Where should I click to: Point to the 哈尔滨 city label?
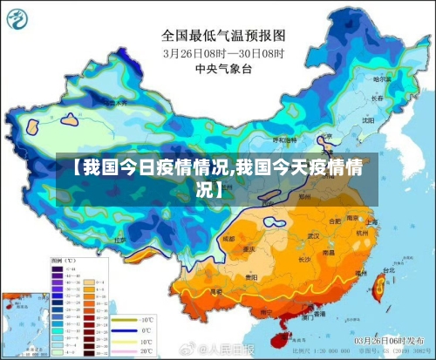pyautogui.click(x=382, y=79)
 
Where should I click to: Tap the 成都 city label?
pyautogui.click(x=228, y=237)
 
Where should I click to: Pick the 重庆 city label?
pyautogui.click(x=249, y=248)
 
